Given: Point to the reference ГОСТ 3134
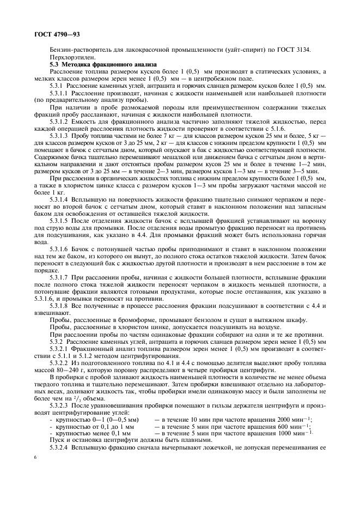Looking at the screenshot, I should pos(298,50).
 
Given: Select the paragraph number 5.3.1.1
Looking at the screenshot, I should pos(60,93).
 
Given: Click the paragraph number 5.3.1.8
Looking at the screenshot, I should pos(60,306).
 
